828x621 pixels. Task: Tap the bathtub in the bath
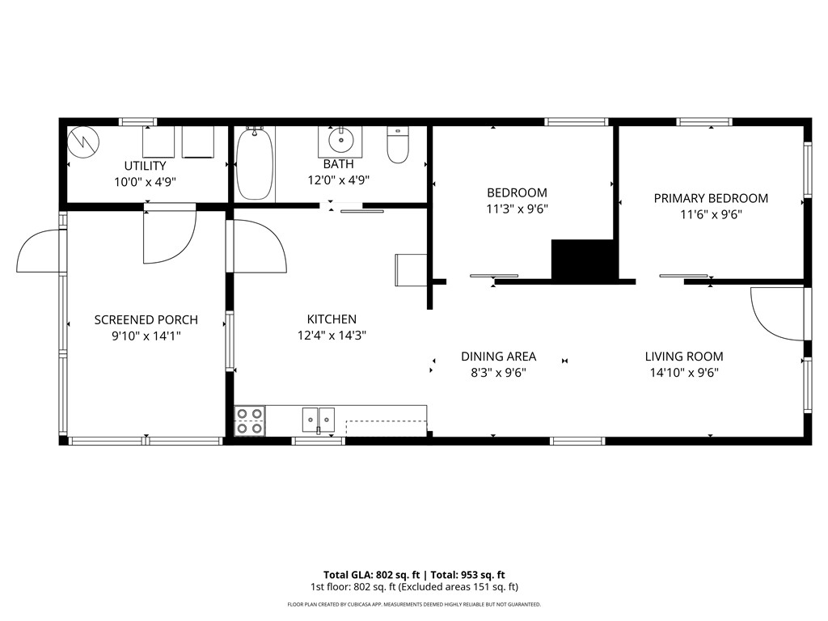[255, 164]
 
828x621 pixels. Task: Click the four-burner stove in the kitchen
[249, 420]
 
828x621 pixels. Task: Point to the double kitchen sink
[319, 420]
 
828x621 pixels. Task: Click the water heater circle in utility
[83, 143]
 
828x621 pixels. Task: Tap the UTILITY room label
[145, 166]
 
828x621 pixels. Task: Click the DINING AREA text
[498, 357]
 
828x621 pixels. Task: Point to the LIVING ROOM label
[684, 357]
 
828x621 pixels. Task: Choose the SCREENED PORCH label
[146, 320]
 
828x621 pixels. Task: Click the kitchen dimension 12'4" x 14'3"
[332, 336]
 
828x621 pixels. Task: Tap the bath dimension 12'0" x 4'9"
[338, 180]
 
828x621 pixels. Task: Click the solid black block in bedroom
[582, 260]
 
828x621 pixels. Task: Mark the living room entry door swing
[775, 314]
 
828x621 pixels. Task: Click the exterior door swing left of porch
[39, 252]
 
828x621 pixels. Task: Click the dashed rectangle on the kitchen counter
[386, 428]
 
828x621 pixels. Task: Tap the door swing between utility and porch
[167, 236]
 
